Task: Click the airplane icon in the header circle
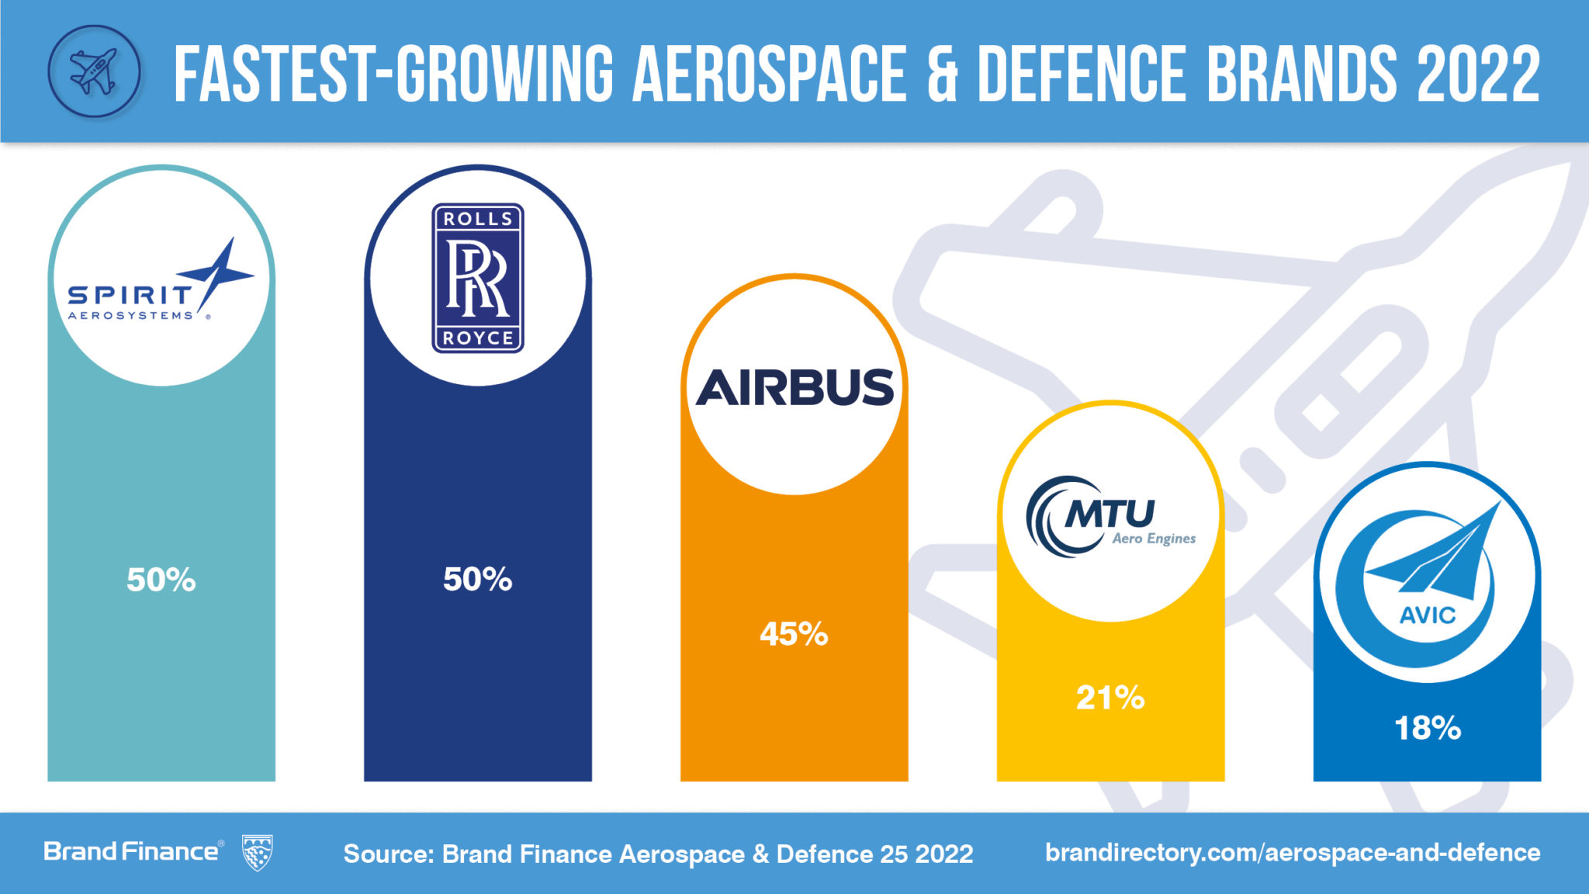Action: tap(93, 71)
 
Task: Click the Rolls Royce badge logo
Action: tap(478, 278)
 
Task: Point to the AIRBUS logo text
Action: tap(794, 387)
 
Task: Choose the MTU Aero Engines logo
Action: tap(1110, 517)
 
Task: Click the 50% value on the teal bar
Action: tap(161, 580)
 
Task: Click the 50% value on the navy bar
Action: tap(478, 579)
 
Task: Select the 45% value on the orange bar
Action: tap(794, 634)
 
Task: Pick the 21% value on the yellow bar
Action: tap(1110, 698)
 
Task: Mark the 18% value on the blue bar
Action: tap(1428, 728)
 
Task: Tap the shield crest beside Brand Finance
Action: tap(257, 853)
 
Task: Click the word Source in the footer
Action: tap(388, 854)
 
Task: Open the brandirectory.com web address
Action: tap(1293, 853)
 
